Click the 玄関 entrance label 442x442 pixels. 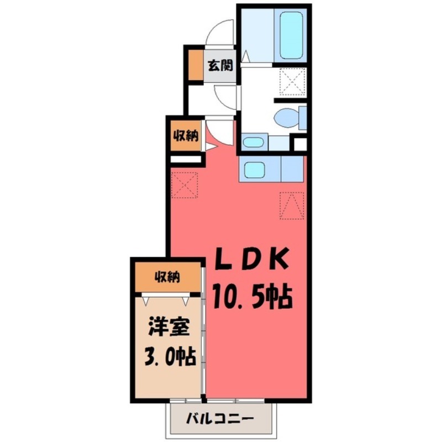[220, 65]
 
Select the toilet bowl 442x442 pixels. [287, 117]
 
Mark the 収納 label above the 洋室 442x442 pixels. [167, 276]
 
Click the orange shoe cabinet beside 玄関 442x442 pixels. [194, 65]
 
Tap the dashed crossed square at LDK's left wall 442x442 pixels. [184, 184]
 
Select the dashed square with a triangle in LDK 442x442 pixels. [292, 206]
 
